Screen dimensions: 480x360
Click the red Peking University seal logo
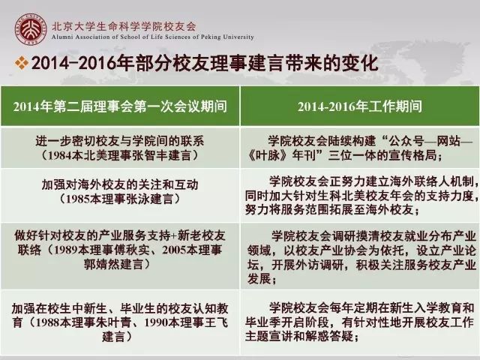tap(31, 29)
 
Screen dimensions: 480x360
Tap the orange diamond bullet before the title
tap(22, 63)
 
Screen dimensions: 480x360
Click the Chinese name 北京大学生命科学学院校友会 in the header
tap(124, 26)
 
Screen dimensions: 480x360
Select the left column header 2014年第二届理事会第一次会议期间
tap(120, 106)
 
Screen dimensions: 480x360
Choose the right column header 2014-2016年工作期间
tap(360, 106)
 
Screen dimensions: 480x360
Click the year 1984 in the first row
tap(61, 155)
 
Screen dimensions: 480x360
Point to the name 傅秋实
tap(132, 250)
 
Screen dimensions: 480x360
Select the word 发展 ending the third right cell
tap(259, 279)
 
